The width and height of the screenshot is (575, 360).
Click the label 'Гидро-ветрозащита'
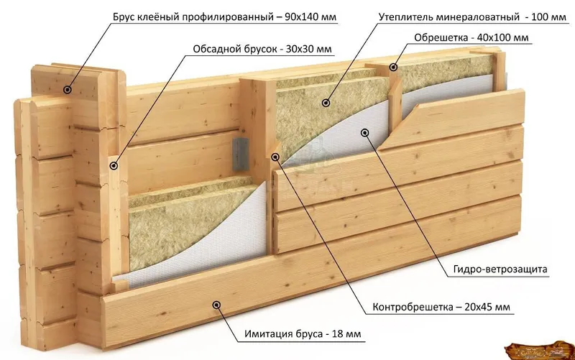point(501,270)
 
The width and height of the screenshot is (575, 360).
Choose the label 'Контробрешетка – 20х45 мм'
point(441,308)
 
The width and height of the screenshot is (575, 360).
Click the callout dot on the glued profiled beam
point(67,90)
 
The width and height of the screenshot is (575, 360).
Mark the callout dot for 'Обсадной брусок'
point(114,165)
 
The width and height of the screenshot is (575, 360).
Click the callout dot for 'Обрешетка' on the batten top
point(393,67)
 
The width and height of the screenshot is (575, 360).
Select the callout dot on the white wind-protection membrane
point(365,132)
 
